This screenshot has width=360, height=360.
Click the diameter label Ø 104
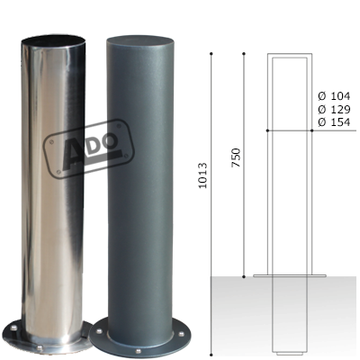[334, 94]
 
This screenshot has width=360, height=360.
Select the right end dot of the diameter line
[311, 131]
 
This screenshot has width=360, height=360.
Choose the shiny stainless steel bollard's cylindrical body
[58, 180]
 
